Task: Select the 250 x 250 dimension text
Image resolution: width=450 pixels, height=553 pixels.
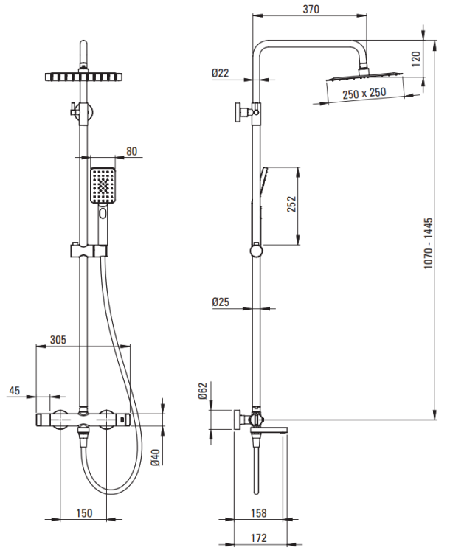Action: [364, 93]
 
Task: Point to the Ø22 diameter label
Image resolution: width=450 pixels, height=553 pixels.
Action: [221, 72]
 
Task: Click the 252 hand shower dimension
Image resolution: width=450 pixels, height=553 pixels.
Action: [291, 204]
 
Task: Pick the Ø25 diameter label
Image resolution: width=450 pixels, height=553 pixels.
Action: [221, 302]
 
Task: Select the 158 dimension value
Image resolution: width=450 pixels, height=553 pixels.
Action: [259, 514]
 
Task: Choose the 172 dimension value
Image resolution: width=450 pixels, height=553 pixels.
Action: [259, 539]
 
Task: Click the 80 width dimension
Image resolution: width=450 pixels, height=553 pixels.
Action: [132, 152]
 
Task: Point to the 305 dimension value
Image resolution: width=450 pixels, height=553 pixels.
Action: [58, 340]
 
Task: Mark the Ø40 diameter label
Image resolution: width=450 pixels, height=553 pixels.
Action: [156, 457]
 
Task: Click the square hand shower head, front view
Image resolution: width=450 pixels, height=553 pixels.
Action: [103, 185]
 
